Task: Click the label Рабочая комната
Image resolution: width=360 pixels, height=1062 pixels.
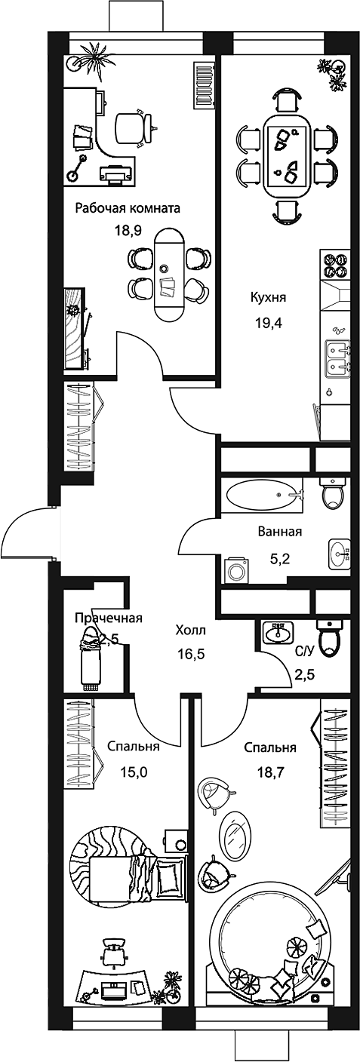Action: pos(128,209)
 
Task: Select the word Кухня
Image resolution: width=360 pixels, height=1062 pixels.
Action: pos(269,298)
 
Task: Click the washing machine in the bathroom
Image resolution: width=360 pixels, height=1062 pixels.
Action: pos(235,569)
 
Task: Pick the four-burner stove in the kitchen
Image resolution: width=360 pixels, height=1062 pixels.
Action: pos(334,265)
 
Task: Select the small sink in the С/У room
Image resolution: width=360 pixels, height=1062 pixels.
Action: pos(278,632)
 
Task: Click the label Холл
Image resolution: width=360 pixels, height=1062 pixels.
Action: pos(191,631)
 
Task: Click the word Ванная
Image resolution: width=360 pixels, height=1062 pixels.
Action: pos(280,532)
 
